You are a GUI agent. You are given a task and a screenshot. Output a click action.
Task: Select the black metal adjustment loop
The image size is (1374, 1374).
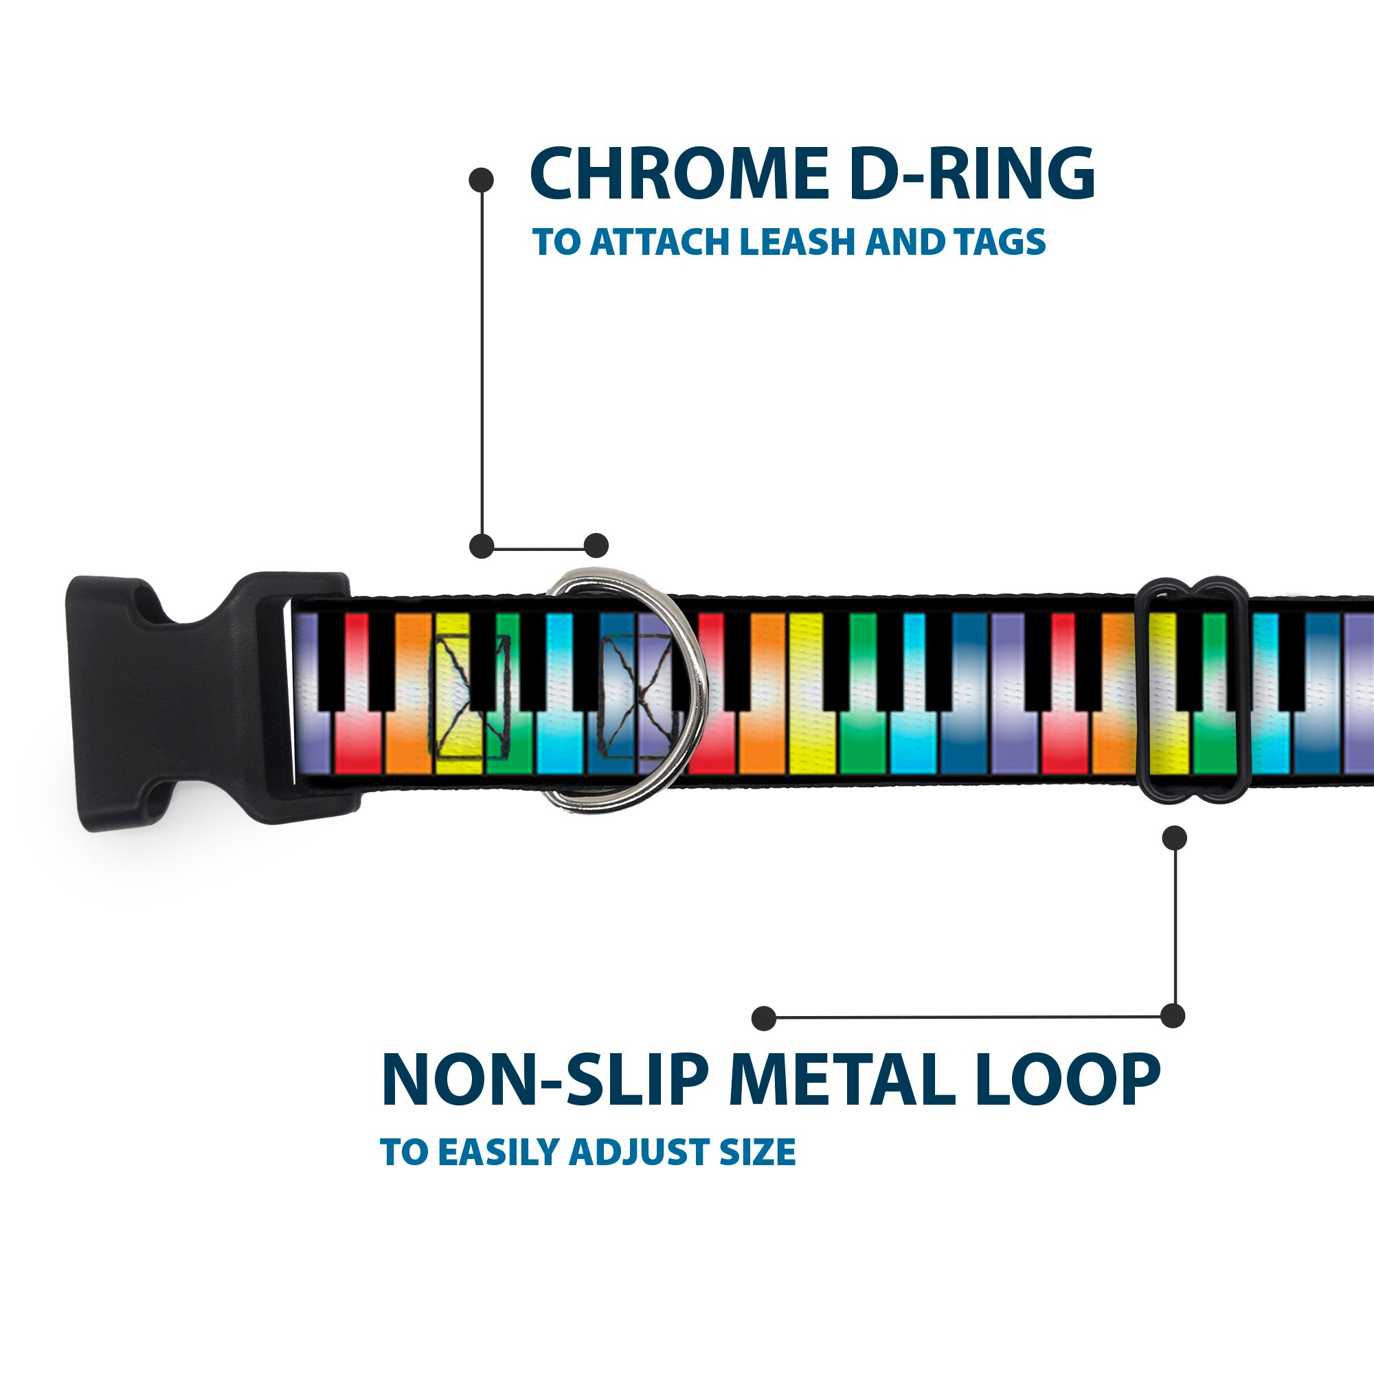(1194, 690)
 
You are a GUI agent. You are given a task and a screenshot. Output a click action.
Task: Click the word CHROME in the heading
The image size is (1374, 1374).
(679, 174)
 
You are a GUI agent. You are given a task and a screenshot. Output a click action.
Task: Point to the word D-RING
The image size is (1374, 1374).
(971, 174)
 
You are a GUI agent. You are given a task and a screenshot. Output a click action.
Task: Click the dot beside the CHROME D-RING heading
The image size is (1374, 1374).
(482, 179)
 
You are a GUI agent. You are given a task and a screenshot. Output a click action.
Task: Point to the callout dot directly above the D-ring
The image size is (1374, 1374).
(596, 546)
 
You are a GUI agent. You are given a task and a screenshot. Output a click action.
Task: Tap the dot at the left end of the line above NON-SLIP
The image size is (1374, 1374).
(764, 1017)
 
